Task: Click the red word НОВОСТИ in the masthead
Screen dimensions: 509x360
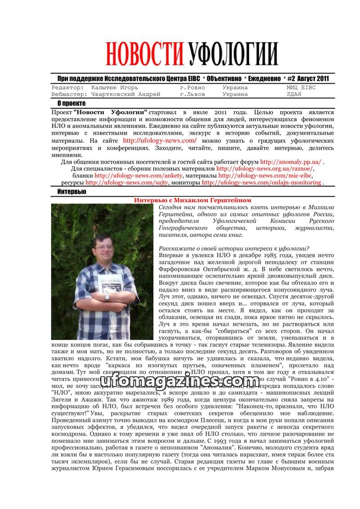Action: click(145, 54)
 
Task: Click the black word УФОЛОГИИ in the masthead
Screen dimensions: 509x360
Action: click(233, 54)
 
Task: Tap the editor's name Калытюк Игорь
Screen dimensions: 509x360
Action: click(114, 88)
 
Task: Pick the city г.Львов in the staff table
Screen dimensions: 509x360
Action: click(192, 95)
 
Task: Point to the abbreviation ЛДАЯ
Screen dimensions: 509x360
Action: click(295, 95)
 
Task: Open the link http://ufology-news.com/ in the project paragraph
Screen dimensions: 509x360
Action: click(160, 140)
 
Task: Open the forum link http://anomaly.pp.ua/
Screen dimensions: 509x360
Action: click(291, 162)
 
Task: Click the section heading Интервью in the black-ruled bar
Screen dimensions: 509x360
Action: click(72, 192)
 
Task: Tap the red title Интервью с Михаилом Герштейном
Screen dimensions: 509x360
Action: click(193, 200)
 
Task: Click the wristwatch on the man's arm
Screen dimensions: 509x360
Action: click(107, 297)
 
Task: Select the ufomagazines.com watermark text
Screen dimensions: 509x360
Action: click(180, 382)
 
